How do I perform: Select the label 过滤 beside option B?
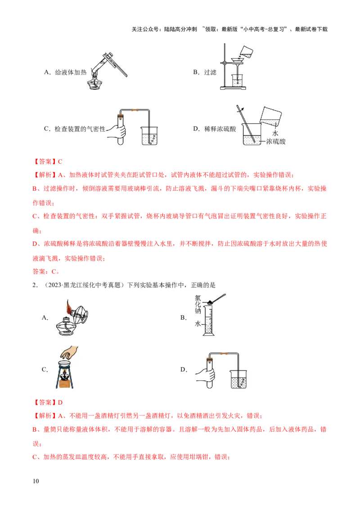[x=210, y=72]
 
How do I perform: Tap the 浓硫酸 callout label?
[x=275, y=142]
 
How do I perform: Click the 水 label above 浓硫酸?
[x=275, y=134]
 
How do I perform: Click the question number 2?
[x=35, y=285]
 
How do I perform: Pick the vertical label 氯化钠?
[x=198, y=305]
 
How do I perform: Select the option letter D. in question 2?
[x=184, y=370]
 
